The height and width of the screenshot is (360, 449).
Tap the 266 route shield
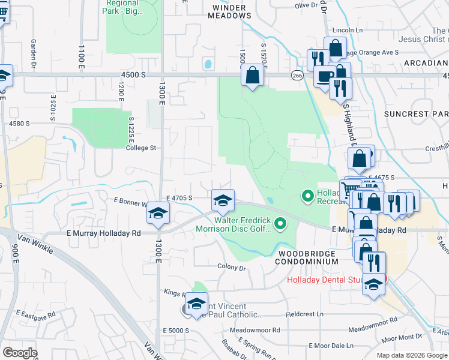[x=297, y=75]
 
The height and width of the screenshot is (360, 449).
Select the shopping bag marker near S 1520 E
[x=253, y=76]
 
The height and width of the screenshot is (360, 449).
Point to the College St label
[x=141, y=148]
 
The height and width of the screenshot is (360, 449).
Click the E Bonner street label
[x=131, y=204]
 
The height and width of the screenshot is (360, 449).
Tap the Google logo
[x=20, y=353]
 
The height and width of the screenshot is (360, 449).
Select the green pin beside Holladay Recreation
[x=308, y=196]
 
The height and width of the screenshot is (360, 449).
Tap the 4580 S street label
[x=19, y=124]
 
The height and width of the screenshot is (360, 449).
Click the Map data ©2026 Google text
[x=412, y=355]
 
